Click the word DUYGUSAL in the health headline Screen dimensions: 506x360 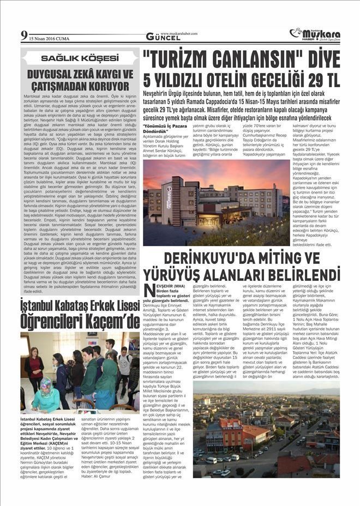tap(51, 73)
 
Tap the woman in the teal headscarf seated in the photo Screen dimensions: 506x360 tap(45, 395)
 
